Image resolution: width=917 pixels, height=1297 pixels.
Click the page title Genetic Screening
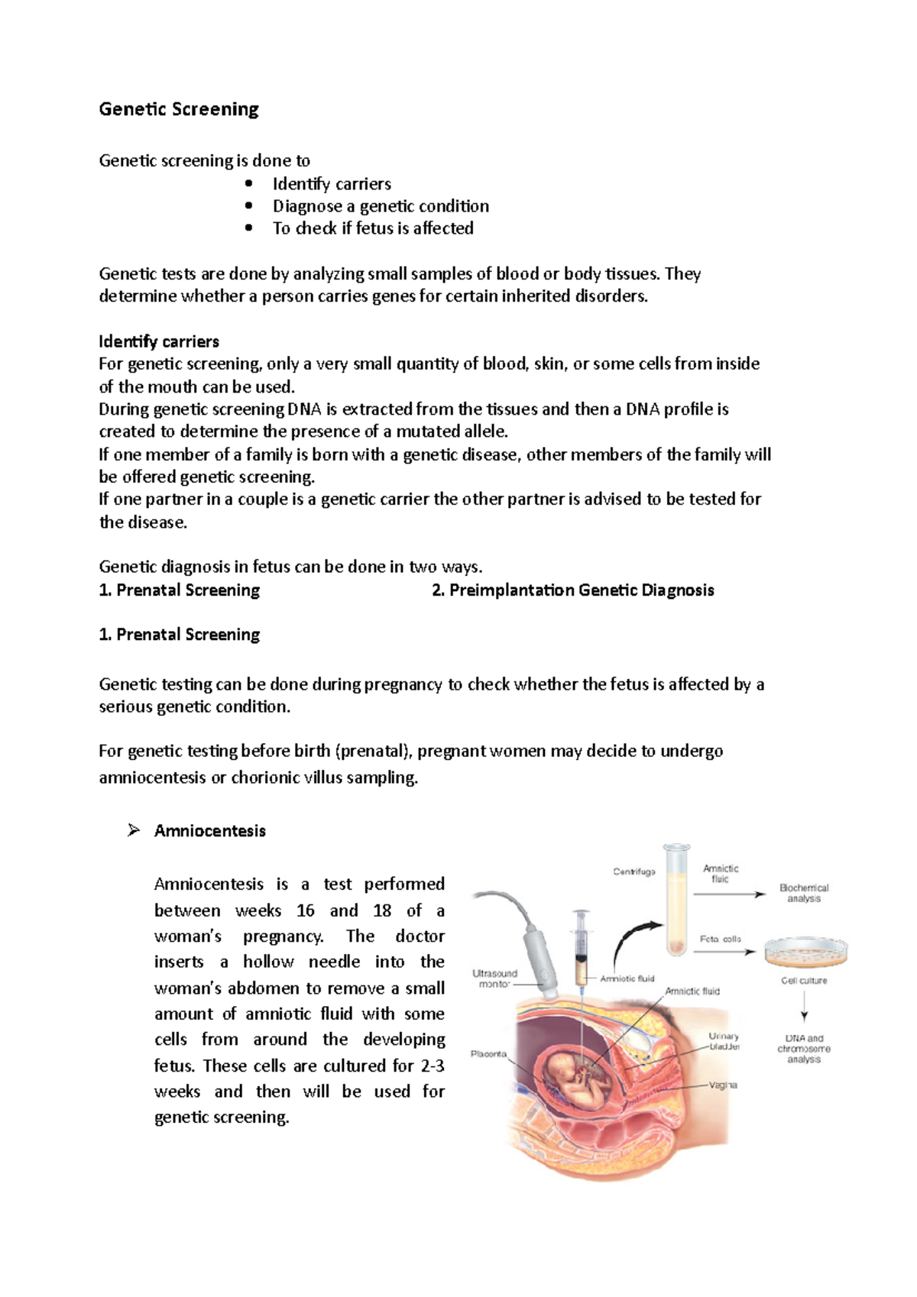tap(179, 109)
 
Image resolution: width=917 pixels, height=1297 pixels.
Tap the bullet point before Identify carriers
tap(248, 183)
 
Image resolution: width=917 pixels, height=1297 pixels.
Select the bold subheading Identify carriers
tap(159, 341)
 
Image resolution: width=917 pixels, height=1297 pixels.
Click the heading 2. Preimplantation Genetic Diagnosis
tap(572, 590)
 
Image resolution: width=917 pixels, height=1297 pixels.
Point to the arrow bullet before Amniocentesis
tap(134, 830)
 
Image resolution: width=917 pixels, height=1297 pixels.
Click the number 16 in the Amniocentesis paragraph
tap(305, 910)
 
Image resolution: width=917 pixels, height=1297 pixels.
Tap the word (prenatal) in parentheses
tap(373, 751)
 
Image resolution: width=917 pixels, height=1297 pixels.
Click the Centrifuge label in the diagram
tap(633, 872)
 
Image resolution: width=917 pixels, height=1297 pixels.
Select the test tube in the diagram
tap(676, 901)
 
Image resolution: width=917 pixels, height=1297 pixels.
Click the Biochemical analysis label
tap(804, 893)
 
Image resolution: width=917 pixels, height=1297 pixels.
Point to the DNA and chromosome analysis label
tap(804, 1049)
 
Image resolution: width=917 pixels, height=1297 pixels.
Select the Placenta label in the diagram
tap(488, 1054)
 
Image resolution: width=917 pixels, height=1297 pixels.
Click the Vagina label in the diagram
tap(723, 1085)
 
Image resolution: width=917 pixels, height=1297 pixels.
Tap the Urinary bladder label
tap(724, 1042)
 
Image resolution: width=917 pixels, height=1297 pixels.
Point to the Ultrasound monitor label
tap(494, 978)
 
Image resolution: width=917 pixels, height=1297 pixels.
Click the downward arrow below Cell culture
tap(804, 1008)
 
